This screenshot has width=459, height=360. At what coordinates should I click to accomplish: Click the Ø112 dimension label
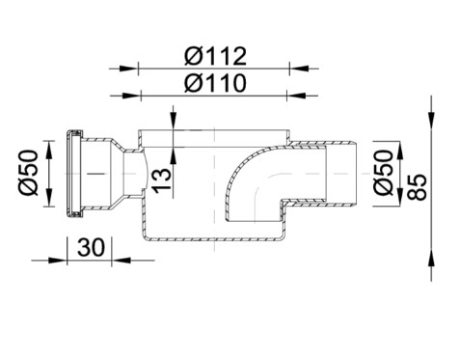pyautogui.click(x=215, y=56)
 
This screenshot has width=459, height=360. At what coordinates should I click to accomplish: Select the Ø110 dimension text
pyautogui.click(x=215, y=83)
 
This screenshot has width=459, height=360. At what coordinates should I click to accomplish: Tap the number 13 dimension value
pyautogui.click(x=162, y=180)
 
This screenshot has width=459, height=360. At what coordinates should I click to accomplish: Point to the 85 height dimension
pyautogui.click(x=417, y=187)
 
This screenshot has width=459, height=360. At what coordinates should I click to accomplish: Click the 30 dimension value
pyautogui.click(x=92, y=247)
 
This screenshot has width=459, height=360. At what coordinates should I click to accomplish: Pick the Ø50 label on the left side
pyautogui.click(x=29, y=173)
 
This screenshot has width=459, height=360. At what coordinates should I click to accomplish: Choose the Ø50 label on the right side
pyautogui.click(x=384, y=173)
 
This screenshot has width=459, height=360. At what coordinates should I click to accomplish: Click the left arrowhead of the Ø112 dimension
pyautogui.click(x=129, y=69)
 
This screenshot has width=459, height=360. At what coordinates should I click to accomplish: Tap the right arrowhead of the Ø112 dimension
pyautogui.click(x=299, y=69)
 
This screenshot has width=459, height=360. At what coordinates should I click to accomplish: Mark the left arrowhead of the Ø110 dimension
pyautogui.click(x=131, y=96)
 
